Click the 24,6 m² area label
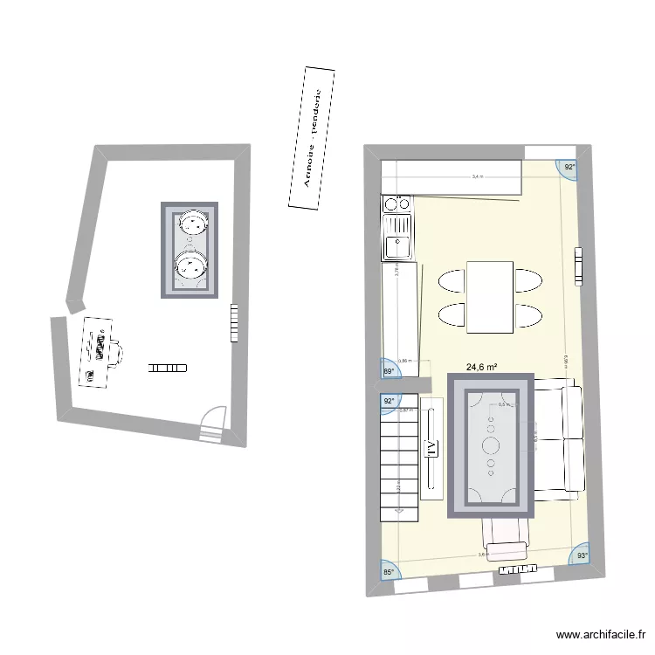[x=481, y=368]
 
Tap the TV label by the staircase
[x=431, y=448]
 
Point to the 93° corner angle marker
[x=582, y=554]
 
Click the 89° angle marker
[x=389, y=370]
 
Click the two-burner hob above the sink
[x=397, y=203]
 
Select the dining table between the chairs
[x=489, y=296]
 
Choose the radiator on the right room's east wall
[x=577, y=266]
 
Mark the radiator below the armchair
[x=516, y=570]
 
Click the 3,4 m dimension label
[x=477, y=176]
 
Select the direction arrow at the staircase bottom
[x=399, y=511]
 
